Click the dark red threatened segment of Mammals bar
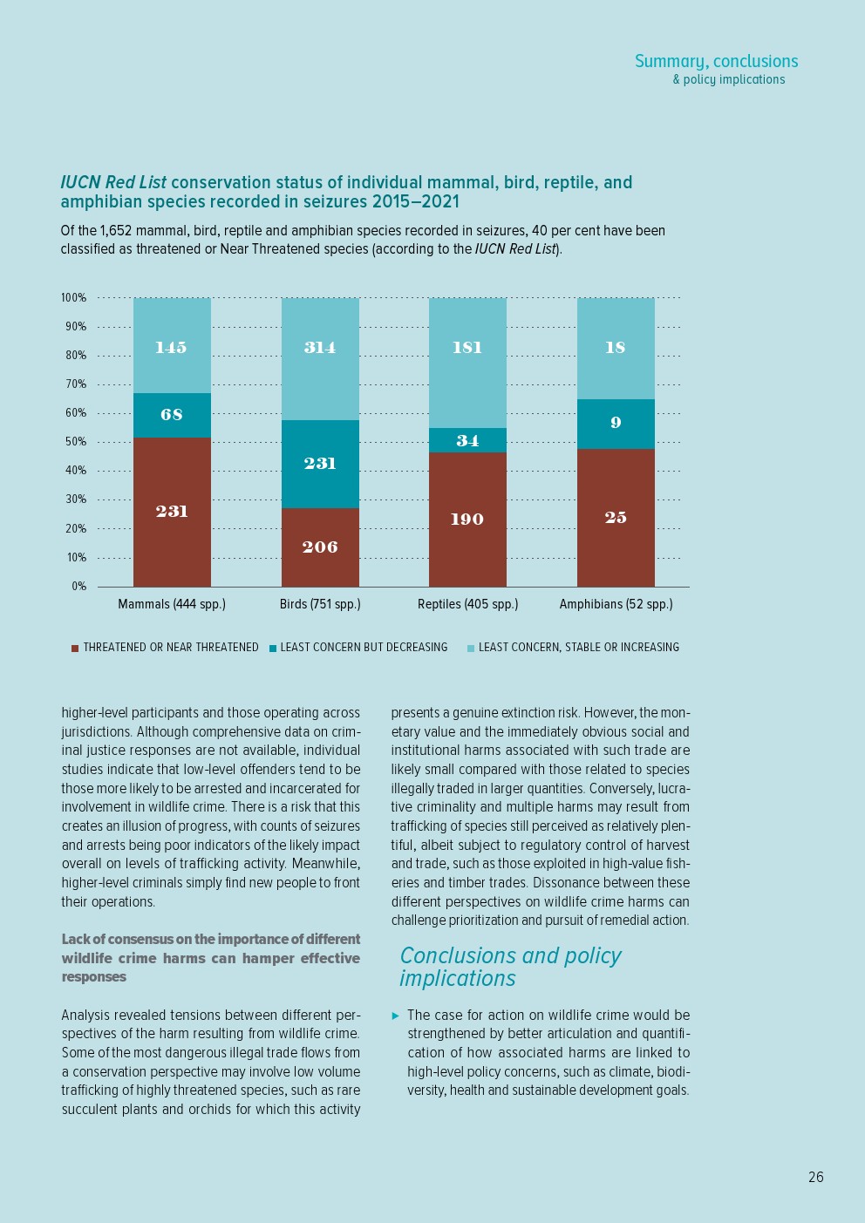(172, 512)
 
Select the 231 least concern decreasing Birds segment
(320, 464)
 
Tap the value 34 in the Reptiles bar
(467, 440)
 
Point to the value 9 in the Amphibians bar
(616, 423)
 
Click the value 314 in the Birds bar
(320, 347)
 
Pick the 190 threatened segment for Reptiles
(467, 520)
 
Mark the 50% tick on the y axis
(76, 442)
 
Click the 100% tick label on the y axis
(73, 298)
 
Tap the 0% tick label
(78, 587)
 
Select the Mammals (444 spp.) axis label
(172, 604)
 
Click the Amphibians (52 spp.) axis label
(616, 604)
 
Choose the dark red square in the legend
(75, 648)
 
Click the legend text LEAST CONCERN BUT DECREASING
(364, 648)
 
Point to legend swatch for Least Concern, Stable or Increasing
(471, 648)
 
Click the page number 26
(815, 1177)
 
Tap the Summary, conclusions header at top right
(716, 62)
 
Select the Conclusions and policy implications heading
(510, 967)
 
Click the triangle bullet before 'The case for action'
(396, 1016)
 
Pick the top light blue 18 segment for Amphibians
(616, 348)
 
